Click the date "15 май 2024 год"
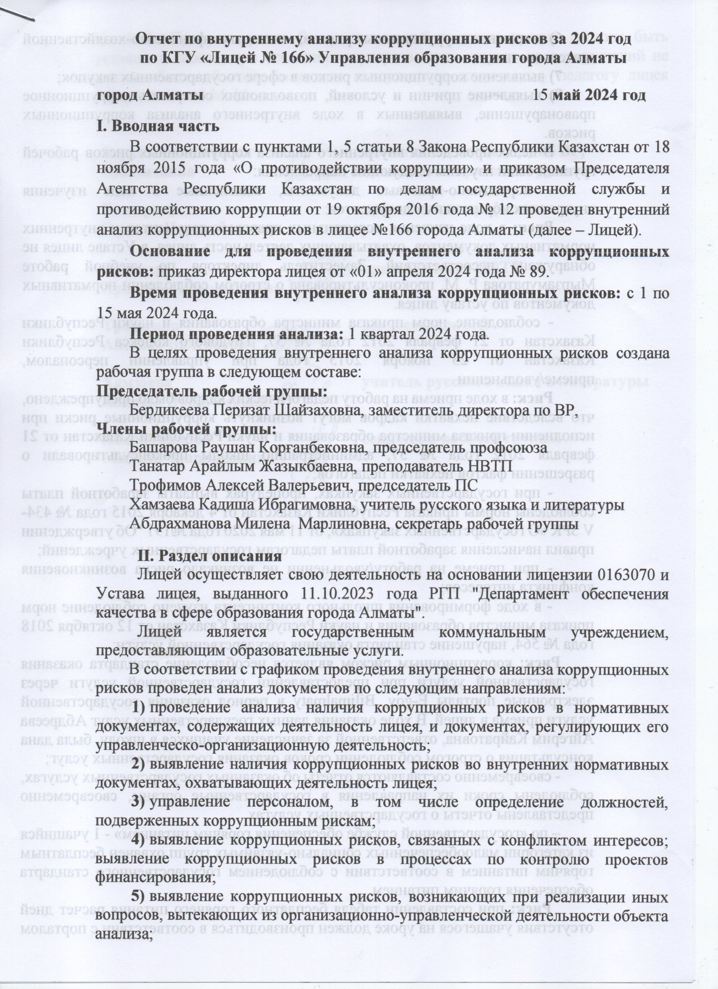(590, 95)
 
